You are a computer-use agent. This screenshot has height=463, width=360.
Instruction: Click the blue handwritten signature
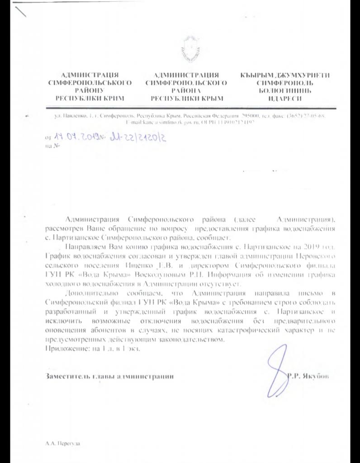276,367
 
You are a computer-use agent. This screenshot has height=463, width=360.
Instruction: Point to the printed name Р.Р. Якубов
308,376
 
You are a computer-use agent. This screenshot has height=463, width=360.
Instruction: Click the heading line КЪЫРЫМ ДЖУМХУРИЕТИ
285,75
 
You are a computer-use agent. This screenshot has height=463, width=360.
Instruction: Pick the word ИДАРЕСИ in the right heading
284,98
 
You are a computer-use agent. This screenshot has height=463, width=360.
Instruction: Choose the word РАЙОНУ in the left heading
89,90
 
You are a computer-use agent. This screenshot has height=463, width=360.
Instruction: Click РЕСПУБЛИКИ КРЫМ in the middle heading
186,98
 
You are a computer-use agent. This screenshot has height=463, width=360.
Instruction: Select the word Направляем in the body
87,248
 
